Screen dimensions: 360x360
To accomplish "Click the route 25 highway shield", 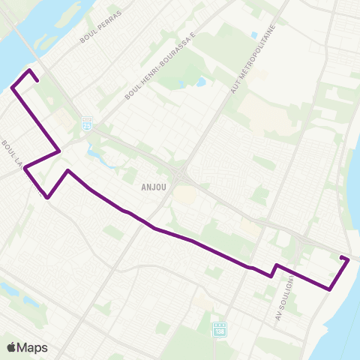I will click(87, 121).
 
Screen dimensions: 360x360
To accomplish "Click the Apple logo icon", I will click(11, 346).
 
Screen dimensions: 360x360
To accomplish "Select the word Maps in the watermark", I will click(32, 347).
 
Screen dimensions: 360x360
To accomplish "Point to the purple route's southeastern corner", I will click(330, 289).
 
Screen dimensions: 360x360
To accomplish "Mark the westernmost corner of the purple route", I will click(12, 88).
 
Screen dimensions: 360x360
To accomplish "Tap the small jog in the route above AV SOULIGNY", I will click(274, 271).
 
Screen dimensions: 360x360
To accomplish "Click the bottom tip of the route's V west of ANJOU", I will click(49, 198).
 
